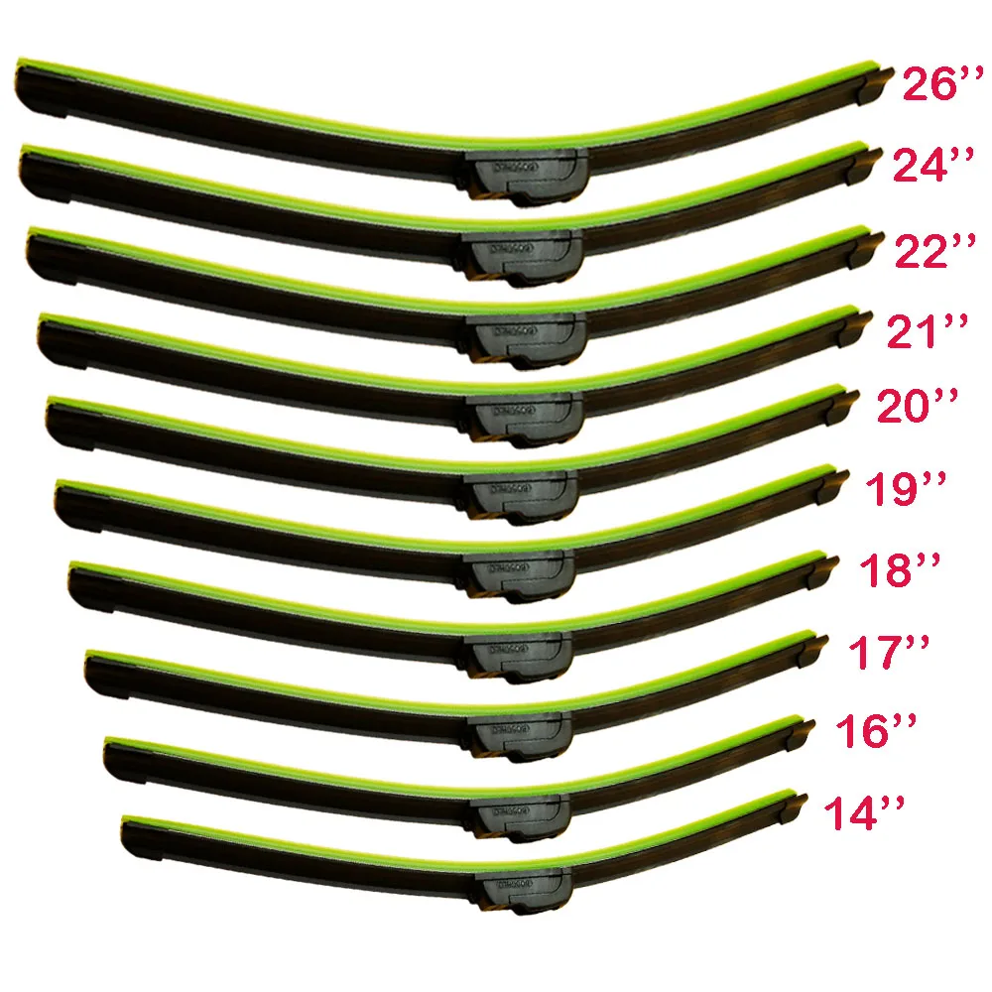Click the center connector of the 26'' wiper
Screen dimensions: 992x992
522,175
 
